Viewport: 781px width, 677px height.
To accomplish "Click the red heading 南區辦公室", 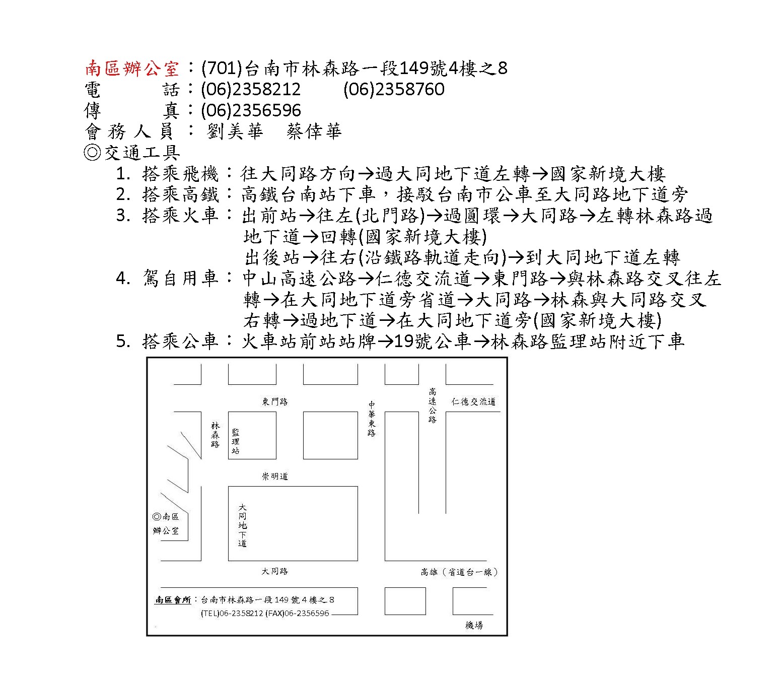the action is pyautogui.click(x=132, y=69).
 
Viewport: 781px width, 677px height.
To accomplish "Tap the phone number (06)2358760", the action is pyautogui.click(x=394, y=89).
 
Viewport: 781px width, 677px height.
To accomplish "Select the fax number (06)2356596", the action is pyautogui.click(x=251, y=110).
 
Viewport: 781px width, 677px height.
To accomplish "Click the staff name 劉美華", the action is pyautogui.click(x=235, y=131).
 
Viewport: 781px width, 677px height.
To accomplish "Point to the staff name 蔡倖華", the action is pyautogui.click(x=314, y=131).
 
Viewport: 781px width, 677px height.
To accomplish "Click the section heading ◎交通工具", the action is pyautogui.click(x=132, y=153).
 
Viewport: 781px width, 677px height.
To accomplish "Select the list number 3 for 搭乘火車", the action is pyautogui.click(x=123, y=216).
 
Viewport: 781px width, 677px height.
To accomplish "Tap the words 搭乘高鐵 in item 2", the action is pyautogui.click(x=181, y=194).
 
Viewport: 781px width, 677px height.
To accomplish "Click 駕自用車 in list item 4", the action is pyautogui.click(x=181, y=278).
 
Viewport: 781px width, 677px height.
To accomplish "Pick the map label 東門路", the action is pyautogui.click(x=275, y=401).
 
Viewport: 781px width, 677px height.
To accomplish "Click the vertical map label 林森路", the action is pyautogui.click(x=216, y=435).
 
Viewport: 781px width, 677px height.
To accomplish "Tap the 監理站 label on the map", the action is pyautogui.click(x=236, y=441).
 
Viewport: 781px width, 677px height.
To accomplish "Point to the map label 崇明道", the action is pyautogui.click(x=275, y=477).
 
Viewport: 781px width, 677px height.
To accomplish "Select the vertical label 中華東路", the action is pyautogui.click(x=372, y=419).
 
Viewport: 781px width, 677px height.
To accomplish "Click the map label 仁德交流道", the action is pyautogui.click(x=473, y=401).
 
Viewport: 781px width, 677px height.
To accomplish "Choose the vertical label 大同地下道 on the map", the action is pyautogui.click(x=243, y=525).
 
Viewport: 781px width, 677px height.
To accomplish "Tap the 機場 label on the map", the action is pyautogui.click(x=474, y=626).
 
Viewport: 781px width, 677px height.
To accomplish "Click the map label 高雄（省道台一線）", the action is pyautogui.click(x=459, y=572).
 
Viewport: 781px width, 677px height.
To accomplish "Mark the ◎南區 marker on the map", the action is pyautogui.click(x=166, y=517).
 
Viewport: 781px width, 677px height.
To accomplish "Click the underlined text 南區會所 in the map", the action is pyautogui.click(x=173, y=600).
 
